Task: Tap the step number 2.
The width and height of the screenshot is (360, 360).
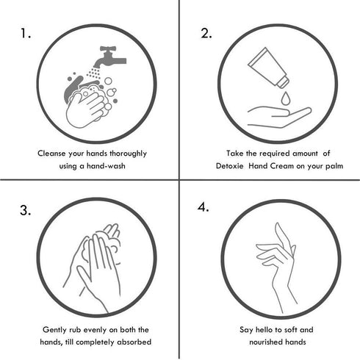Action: tap(206, 34)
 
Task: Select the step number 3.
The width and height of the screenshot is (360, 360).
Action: tap(26, 211)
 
